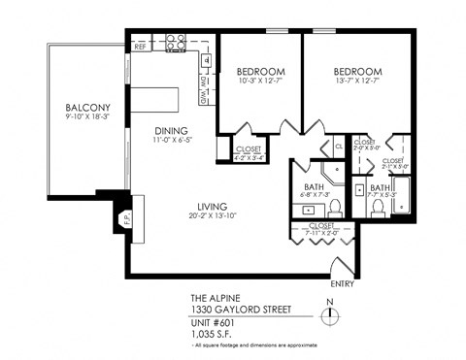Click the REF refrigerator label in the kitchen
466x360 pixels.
[x=141, y=45]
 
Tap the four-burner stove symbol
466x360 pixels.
[x=175, y=43]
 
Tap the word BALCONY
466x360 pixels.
[x=85, y=108]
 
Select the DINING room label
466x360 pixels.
[x=171, y=131]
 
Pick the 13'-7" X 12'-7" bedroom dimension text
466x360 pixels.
[x=357, y=82]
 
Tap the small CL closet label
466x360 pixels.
[x=339, y=146]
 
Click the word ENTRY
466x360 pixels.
[x=342, y=286]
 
